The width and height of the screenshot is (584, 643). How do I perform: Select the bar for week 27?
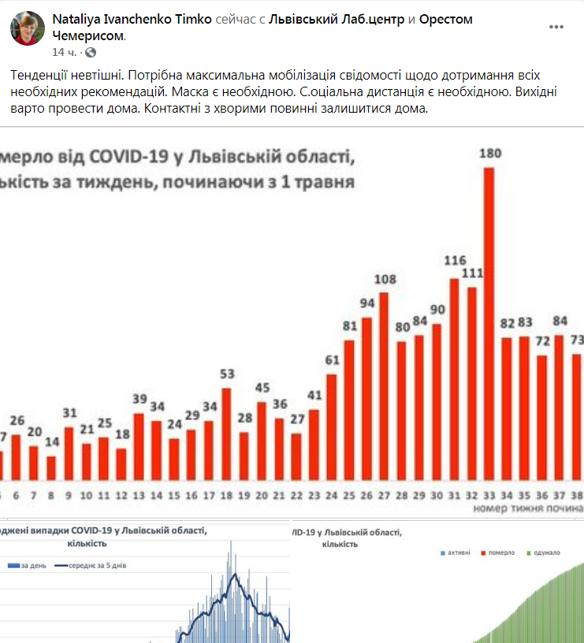(x=384, y=386)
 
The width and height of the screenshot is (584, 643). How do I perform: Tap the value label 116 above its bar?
(x=455, y=261)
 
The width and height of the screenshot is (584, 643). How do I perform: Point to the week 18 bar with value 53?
(x=227, y=433)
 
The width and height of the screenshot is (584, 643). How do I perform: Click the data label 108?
(x=385, y=279)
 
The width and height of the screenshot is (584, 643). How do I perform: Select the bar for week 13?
(x=139, y=446)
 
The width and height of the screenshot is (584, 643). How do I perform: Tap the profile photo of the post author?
(x=27, y=28)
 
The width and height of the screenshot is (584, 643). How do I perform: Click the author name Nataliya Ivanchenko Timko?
(x=132, y=20)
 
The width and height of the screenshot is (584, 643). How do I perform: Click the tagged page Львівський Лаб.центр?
(x=337, y=20)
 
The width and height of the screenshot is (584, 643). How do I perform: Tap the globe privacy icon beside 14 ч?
(x=91, y=52)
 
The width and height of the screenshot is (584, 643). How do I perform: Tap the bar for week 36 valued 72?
(x=541, y=418)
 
